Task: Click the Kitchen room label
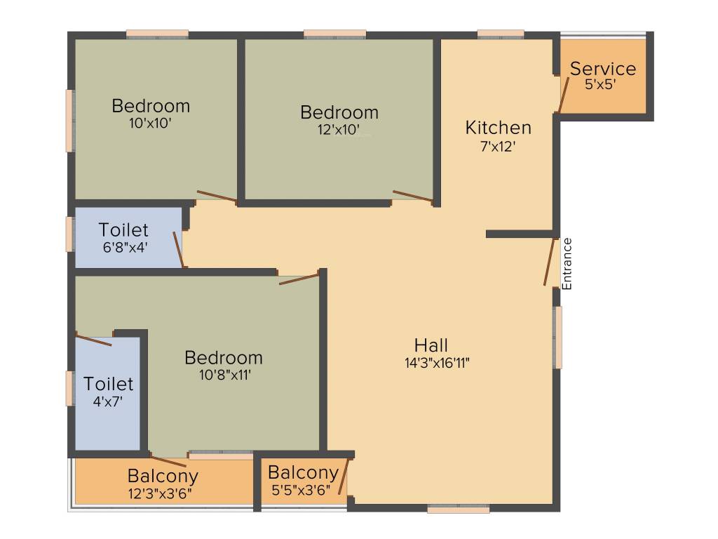(x=499, y=128)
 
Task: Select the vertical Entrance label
(x=567, y=264)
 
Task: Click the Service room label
(x=603, y=69)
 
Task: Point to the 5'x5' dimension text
(x=600, y=84)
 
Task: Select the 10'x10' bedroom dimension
(x=151, y=122)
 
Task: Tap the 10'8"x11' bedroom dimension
(x=224, y=375)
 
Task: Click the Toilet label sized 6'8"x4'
(x=123, y=230)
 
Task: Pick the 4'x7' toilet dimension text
(x=108, y=402)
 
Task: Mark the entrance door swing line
(x=550, y=262)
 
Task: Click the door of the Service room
(x=563, y=95)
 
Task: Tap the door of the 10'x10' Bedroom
(x=217, y=196)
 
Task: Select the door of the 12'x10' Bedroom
(x=412, y=196)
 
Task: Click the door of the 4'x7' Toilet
(x=94, y=340)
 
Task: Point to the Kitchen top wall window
(x=501, y=34)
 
